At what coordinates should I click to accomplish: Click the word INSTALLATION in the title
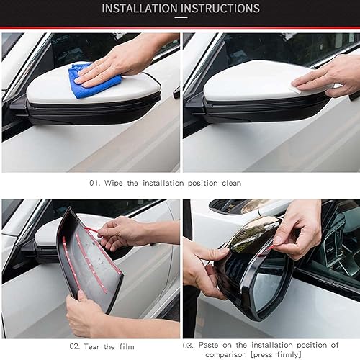point(138,9)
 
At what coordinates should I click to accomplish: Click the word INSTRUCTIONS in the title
point(218,9)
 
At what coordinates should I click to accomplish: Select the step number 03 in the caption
point(188,346)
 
